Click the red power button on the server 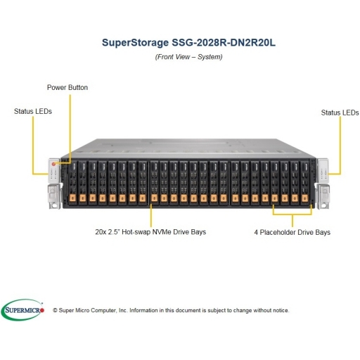pyautogui.click(x=53, y=164)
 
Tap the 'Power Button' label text pyautogui.click(x=67, y=87)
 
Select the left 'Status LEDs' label pyautogui.click(x=33, y=111)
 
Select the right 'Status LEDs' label pyautogui.click(x=340, y=112)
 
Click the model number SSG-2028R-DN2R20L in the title pyautogui.click(x=224, y=43)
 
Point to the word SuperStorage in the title pyautogui.click(x=135, y=43)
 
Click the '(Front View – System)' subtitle pyautogui.click(x=188, y=57)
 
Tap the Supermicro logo pyautogui.click(x=22, y=310)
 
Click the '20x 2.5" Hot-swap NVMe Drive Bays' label pyautogui.click(x=150, y=232)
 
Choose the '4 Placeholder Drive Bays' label pyautogui.click(x=292, y=232)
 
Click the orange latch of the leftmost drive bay pyautogui.click(x=72, y=198)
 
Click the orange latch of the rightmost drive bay pyautogui.click(x=304, y=198)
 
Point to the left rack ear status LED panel pyautogui.click(x=53, y=171)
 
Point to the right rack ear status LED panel pyautogui.click(x=323, y=171)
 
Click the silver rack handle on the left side pyautogui.click(x=53, y=196)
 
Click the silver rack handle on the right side pyautogui.click(x=323, y=196)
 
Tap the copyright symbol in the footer pyautogui.click(x=55, y=310)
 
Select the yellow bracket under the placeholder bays pyautogui.click(x=292, y=214)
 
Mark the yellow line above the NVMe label pyautogui.click(x=151, y=216)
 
